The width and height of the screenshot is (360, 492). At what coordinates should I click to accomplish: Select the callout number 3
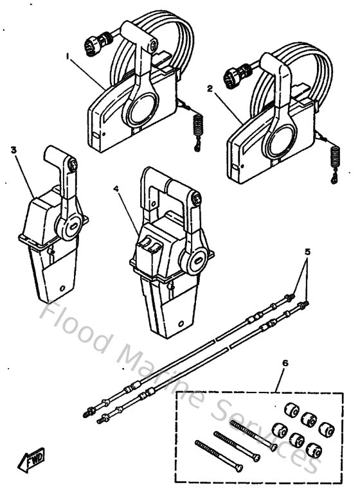click(x=14, y=150)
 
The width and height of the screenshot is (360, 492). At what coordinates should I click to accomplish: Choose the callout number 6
click(x=285, y=363)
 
